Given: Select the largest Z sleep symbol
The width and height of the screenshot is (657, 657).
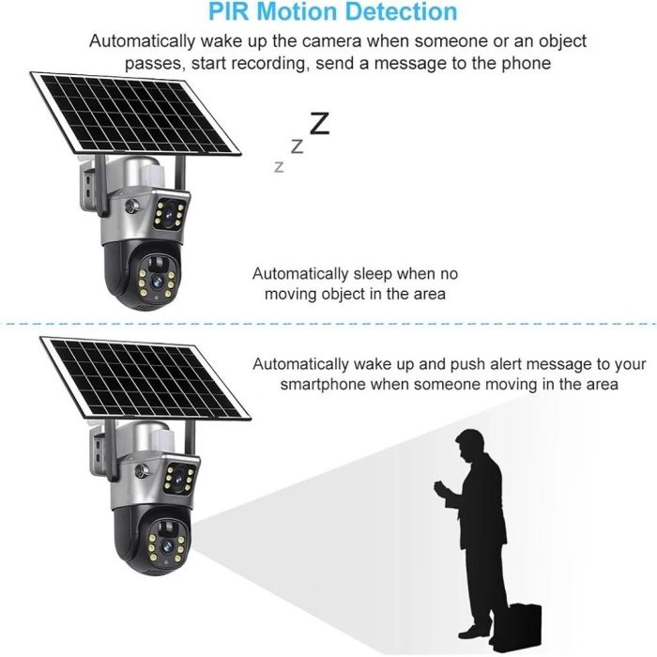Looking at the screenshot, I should (320, 124).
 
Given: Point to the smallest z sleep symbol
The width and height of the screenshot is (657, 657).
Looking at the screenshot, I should (278, 167).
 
